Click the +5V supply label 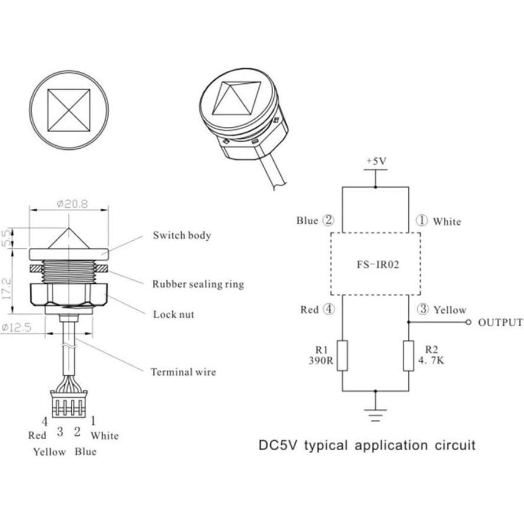(x=375, y=161)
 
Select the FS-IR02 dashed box (x=375, y=264)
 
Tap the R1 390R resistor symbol (x=343, y=355)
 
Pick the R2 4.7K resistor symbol (x=408, y=355)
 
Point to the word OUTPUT (x=500, y=322)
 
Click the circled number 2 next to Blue (x=329, y=221)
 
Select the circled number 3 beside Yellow (x=423, y=310)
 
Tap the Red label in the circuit (x=309, y=310)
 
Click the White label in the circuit (x=447, y=222)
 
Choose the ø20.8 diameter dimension (x=73, y=204)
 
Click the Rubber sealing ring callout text (x=198, y=284)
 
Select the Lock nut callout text (x=173, y=314)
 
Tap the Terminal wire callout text (x=183, y=372)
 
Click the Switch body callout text (x=182, y=235)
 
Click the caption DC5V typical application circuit (x=367, y=444)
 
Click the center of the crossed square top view (x=69, y=110)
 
